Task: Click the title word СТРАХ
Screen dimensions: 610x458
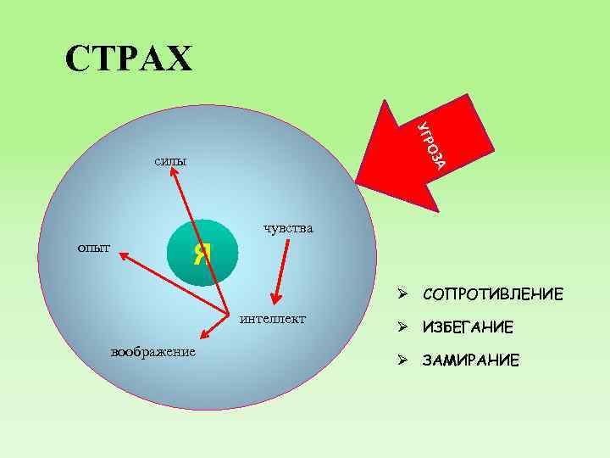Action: [130, 58]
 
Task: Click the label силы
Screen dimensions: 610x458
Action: [171, 159]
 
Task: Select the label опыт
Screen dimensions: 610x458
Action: [94, 247]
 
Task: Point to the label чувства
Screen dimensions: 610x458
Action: [288, 227]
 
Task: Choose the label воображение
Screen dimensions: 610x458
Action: [153, 351]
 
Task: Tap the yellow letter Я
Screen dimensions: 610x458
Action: [202, 252]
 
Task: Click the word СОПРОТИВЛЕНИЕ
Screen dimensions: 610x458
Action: [491, 295]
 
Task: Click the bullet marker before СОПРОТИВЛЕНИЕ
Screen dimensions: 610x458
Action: [405, 294]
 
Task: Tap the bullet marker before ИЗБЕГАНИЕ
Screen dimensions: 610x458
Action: [405, 327]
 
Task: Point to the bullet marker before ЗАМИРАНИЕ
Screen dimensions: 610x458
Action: [405, 360]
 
